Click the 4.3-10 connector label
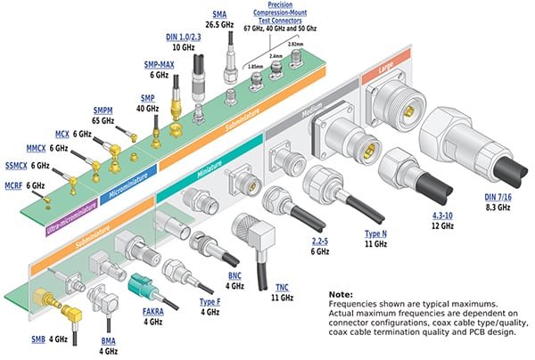tap(437, 216)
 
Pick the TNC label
tap(282, 287)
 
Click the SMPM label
tap(103, 109)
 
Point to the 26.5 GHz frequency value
tap(220, 25)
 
